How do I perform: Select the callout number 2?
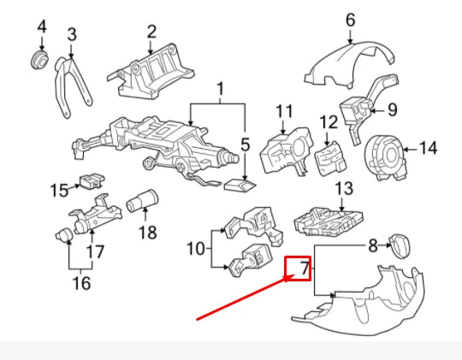151,32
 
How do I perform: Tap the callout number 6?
351,19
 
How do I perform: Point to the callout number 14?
428,148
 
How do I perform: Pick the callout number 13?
343,188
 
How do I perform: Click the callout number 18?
147,232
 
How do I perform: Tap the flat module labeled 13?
322,220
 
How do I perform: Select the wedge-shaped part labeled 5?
239,183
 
